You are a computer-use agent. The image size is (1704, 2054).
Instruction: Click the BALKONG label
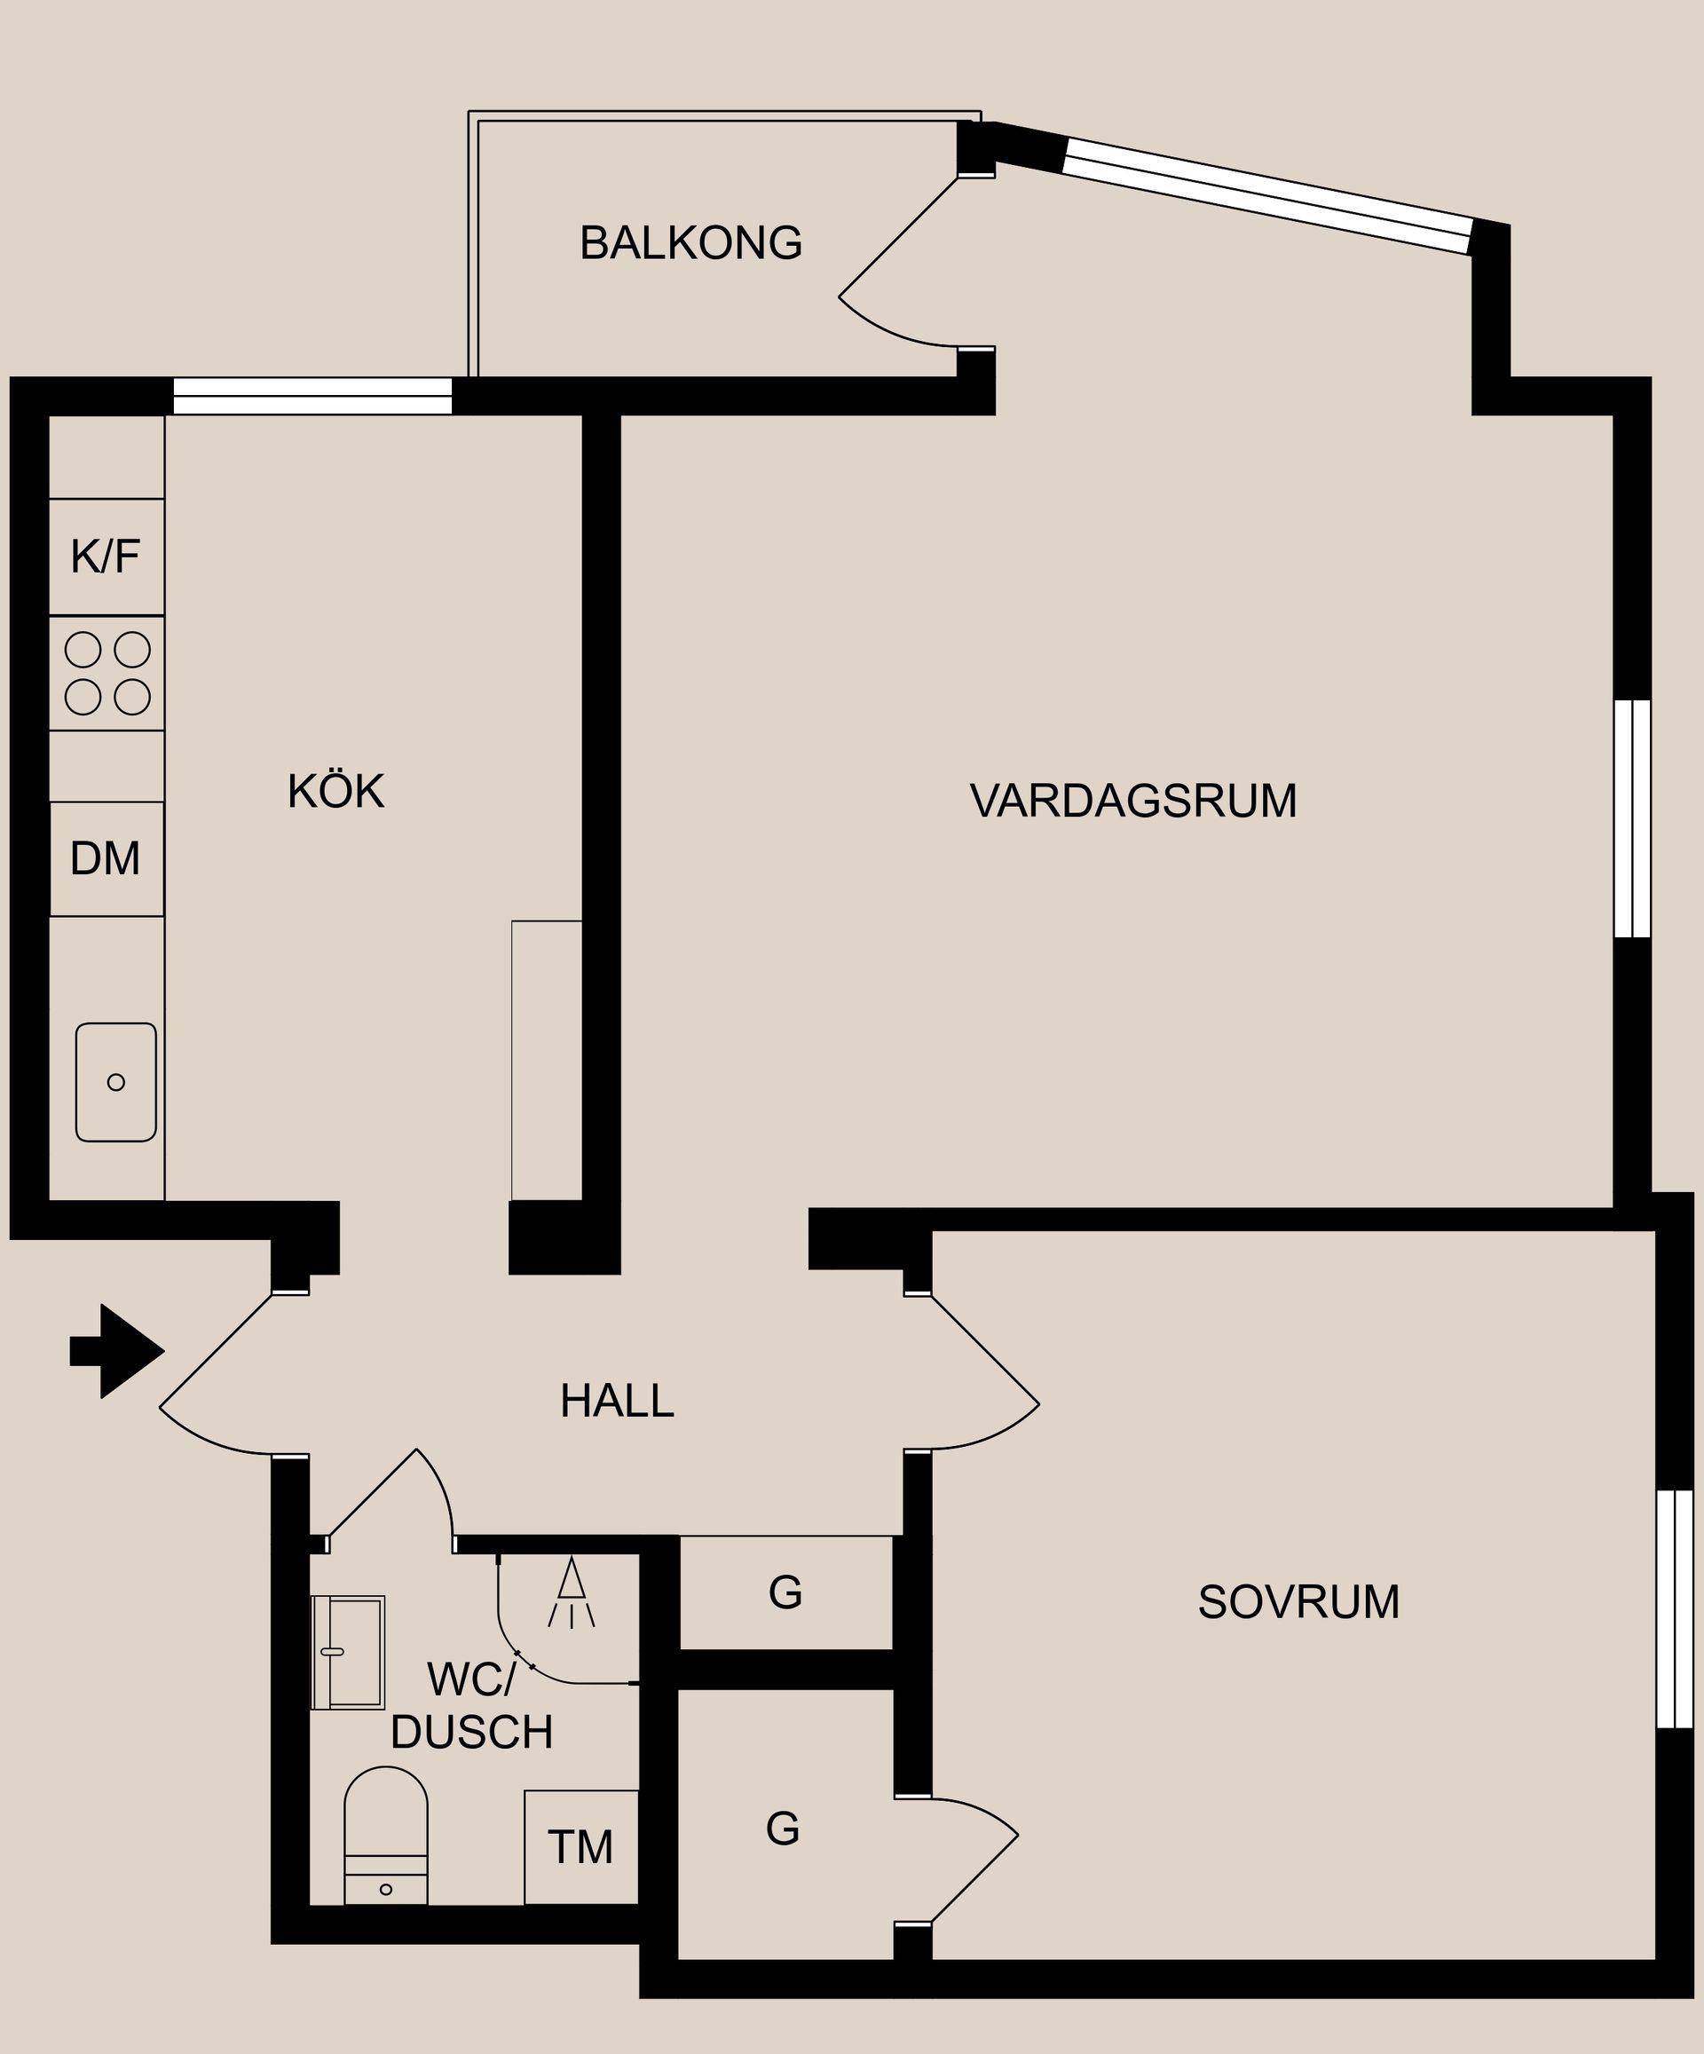(690, 242)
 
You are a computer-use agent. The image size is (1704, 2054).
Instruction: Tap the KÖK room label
(335, 791)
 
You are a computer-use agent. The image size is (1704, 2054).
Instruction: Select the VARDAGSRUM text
(1132, 801)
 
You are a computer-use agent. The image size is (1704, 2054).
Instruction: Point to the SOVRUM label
(1298, 1602)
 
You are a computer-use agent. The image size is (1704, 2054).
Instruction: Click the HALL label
(616, 1402)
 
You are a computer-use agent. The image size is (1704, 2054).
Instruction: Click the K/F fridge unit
(106, 557)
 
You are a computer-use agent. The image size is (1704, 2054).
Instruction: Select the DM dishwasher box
(106, 858)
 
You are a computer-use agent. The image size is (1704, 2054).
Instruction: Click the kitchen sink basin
(115, 1082)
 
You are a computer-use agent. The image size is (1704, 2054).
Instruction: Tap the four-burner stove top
(106, 673)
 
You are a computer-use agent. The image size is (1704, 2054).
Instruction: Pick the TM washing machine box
(581, 1846)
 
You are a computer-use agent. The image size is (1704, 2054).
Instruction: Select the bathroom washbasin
(347, 1652)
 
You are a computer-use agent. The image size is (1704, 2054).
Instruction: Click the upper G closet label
(785, 1593)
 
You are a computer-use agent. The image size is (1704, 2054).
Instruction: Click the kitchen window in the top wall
(312, 396)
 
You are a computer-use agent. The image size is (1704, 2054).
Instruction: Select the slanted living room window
(1266, 195)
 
